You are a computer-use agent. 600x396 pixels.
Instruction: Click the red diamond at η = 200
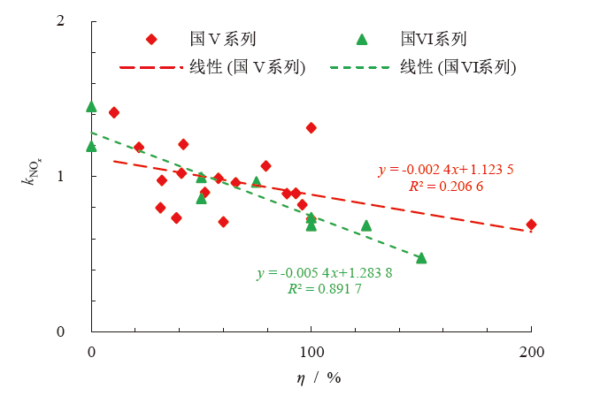[x=531, y=225]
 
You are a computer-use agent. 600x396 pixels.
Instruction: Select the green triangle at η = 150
[x=421, y=258]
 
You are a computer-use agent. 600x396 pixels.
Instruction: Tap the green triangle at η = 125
[x=366, y=225]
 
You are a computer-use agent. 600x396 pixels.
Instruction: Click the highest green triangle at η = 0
[x=91, y=107]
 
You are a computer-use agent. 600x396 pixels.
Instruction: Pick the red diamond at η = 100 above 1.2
[x=312, y=128]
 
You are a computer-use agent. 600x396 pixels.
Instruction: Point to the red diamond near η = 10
[x=113, y=112]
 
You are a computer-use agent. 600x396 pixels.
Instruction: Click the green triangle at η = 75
[x=257, y=182]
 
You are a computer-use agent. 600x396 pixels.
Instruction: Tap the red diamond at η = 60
[x=223, y=222]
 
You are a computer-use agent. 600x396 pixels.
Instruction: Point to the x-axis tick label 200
[x=531, y=352]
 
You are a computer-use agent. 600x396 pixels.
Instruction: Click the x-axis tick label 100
[x=312, y=352]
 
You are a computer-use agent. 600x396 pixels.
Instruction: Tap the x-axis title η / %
[x=319, y=377]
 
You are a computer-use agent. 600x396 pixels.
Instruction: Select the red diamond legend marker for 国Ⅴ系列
[x=150, y=39]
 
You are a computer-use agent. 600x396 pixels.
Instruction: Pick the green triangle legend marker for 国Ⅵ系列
[x=361, y=39]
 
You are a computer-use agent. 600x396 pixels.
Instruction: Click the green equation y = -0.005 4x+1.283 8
[x=324, y=273]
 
